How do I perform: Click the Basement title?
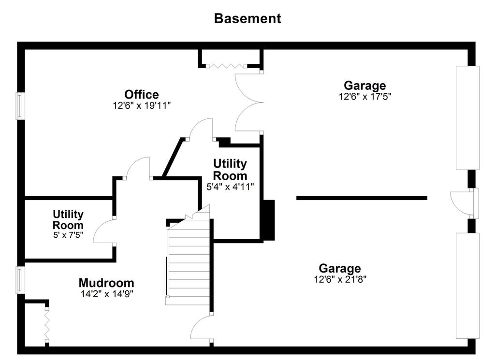[247, 19]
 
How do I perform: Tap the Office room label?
[142, 94]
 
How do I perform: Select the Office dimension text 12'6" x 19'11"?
[142, 105]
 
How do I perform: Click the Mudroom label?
[106, 283]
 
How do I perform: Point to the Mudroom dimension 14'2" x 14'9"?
[107, 294]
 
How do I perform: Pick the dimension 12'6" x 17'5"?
[365, 96]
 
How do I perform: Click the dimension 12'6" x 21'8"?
[340, 279]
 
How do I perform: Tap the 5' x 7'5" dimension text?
[68, 235]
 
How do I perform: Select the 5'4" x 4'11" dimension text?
[230, 187]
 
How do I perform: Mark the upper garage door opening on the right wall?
[467, 118]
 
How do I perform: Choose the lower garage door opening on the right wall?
[467, 286]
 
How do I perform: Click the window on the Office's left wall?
[20, 106]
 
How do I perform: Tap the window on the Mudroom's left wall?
[20, 280]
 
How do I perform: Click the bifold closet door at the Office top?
[226, 66]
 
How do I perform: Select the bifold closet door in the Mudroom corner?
[47, 324]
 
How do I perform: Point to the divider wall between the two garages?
[362, 198]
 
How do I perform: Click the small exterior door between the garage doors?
[464, 203]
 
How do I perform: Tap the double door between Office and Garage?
[249, 102]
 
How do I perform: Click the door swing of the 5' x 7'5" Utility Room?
[104, 231]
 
